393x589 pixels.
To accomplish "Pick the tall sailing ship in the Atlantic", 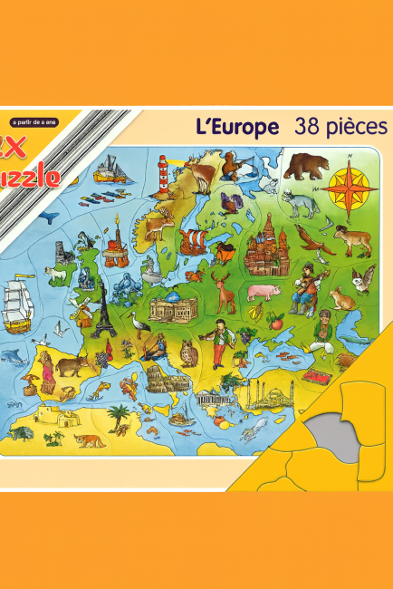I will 21,304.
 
